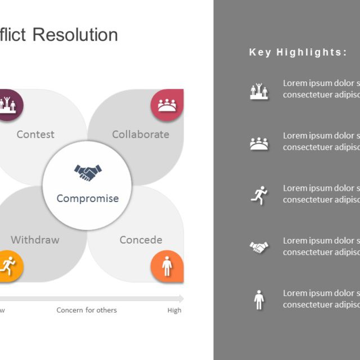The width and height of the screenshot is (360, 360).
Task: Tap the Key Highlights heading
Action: tap(298, 52)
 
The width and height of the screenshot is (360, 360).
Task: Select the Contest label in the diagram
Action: tap(35, 134)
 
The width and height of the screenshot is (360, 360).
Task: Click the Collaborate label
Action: tap(141, 134)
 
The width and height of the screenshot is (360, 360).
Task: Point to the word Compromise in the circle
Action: tap(88, 199)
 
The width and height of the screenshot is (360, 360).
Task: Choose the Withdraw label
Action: tap(35, 240)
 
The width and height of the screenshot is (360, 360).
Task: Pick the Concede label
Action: tap(141, 240)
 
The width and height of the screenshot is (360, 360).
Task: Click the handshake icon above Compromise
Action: tap(88, 172)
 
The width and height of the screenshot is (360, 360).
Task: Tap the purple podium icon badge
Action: tap(8, 104)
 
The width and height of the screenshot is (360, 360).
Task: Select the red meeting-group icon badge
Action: tap(166, 105)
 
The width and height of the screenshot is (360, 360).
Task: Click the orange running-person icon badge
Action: tap(8, 264)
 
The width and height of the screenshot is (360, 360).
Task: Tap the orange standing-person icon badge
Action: tap(166, 265)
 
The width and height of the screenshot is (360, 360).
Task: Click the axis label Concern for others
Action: tap(87, 310)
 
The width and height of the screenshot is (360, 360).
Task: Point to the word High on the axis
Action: tap(174, 310)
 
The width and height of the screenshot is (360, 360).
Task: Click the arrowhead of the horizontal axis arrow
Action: tap(181, 298)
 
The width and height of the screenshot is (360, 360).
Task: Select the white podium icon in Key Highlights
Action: tap(259, 91)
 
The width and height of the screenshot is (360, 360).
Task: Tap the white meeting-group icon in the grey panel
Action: tap(259, 143)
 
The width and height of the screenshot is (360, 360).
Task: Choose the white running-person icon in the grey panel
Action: tap(259, 196)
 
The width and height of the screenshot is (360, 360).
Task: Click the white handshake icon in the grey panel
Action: tap(259, 247)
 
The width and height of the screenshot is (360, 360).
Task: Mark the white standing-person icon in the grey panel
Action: tap(259, 299)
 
